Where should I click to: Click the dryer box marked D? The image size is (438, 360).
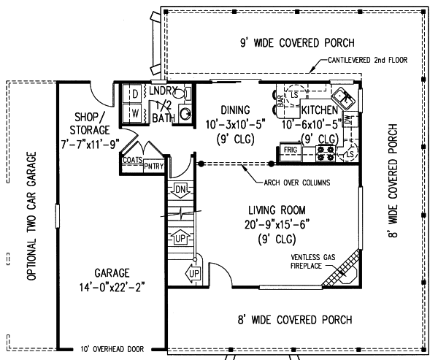(x=135, y=94)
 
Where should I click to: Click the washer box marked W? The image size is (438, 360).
(x=135, y=113)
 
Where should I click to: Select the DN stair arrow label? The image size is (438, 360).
(x=181, y=190)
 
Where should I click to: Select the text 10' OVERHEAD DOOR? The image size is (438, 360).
(x=112, y=348)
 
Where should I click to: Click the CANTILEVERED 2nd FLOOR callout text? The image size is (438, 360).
(x=367, y=60)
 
